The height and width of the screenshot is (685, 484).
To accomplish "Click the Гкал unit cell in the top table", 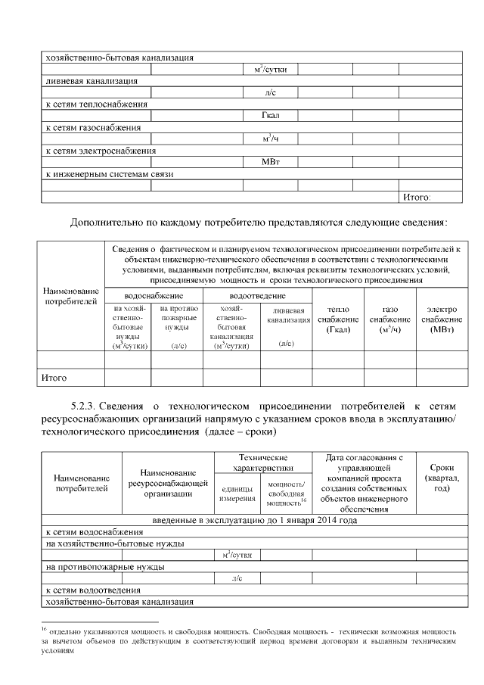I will click(270, 116).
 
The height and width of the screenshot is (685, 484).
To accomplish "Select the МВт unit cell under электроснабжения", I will click(270, 162).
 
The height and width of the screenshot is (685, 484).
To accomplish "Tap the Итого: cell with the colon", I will click(416, 197).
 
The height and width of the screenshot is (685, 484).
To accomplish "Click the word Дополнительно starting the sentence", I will click(106, 223).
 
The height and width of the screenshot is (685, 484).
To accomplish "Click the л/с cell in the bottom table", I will click(237, 578).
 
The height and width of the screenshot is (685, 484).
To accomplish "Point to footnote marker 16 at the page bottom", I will click(45, 628).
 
